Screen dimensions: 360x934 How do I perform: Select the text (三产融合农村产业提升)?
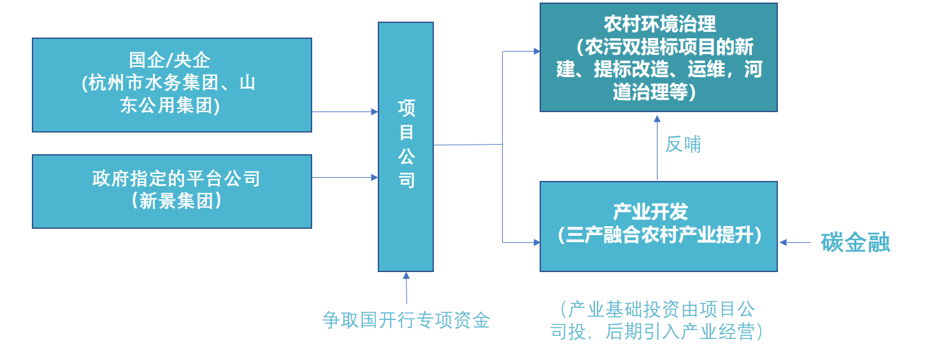659,235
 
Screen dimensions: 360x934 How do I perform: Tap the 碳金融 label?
855,243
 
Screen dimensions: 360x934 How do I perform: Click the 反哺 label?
683,145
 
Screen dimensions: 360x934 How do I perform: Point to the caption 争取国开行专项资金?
406,320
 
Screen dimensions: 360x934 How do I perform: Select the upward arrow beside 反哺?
657,147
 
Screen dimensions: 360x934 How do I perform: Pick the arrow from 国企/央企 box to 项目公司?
345,112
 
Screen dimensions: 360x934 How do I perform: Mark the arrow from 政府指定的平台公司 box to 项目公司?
345,177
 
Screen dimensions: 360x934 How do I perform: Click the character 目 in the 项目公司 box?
406,133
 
